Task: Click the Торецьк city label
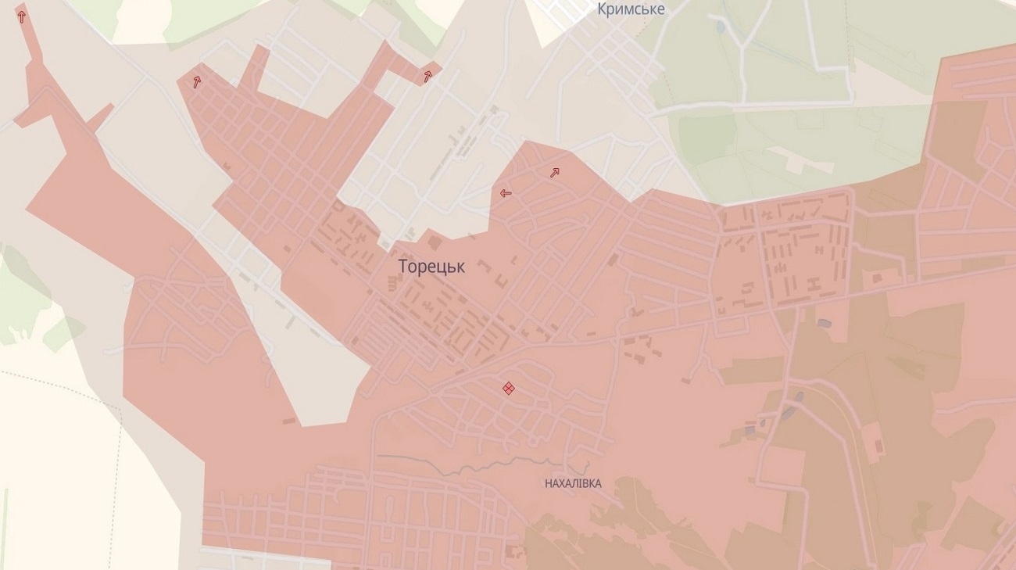(x=431, y=267)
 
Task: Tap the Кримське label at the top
(x=630, y=9)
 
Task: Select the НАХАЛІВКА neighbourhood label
(x=573, y=484)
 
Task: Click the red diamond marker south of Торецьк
(x=508, y=388)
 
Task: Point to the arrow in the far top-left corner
(x=21, y=16)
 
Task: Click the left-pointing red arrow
(x=505, y=192)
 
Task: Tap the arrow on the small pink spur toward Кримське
(x=428, y=76)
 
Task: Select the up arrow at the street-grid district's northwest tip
(x=196, y=81)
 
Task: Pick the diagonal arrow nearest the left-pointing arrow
(x=554, y=173)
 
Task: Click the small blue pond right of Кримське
(x=720, y=27)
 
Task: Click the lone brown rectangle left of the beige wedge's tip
(x=289, y=421)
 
